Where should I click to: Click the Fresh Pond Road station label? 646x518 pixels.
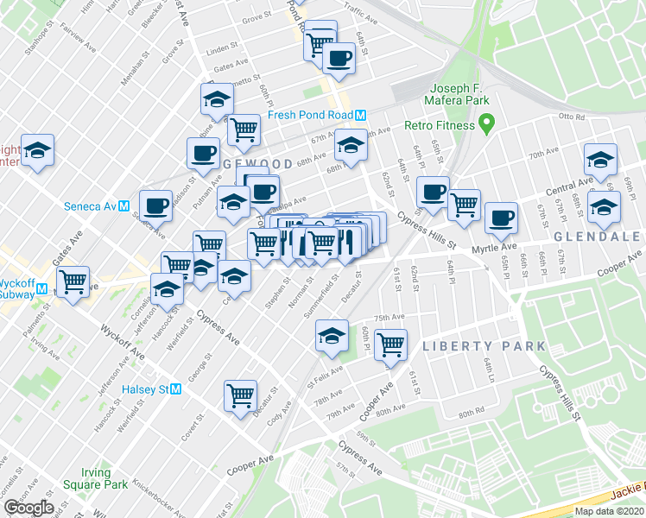pos(310,116)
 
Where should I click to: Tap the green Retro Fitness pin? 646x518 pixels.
pos(485,125)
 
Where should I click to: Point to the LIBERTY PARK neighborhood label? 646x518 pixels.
pos(484,346)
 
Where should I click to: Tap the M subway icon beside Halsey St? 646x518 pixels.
pos(176,389)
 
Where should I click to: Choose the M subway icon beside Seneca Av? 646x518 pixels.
pos(124,206)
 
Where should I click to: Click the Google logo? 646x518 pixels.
pos(28,507)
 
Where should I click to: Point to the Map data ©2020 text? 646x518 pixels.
pos(609,511)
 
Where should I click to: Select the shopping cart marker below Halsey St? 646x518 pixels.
pos(240,396)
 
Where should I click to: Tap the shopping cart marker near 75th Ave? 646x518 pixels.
pos(392,344)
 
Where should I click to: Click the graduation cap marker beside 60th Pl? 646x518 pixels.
pos(332,338)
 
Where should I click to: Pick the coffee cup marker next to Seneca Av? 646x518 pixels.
pos(155,205)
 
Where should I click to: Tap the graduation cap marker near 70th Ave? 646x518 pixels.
pos(600,159)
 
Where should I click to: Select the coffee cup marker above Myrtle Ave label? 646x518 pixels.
pos(501,218)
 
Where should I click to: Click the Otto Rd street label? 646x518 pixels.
pos(572,116)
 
